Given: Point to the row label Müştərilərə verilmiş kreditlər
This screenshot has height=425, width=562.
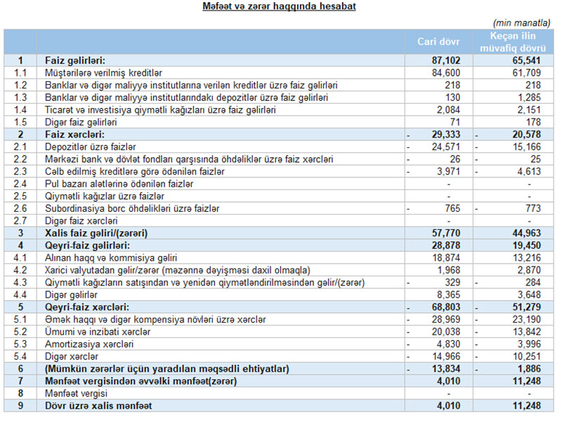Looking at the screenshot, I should tap(103, 72).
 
